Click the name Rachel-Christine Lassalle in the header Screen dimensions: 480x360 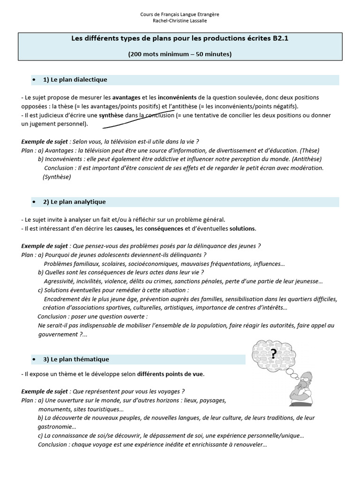click(180, 21)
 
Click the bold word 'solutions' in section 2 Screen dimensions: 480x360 click(242, 229)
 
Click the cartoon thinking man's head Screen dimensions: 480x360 click(307, 378)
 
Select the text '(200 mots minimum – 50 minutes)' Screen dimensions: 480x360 click(180, 54)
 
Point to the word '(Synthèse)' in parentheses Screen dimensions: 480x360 click(57, 177)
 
